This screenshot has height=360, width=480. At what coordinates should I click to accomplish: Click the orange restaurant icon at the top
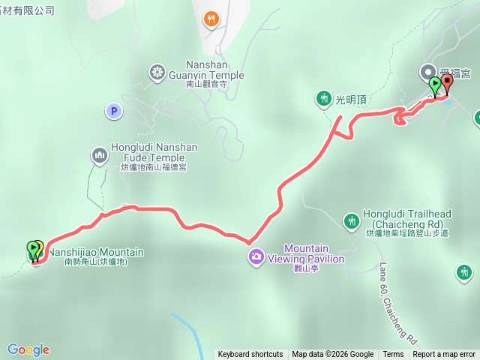coord(212,19)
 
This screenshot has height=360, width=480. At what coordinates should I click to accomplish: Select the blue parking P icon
coord(113,111)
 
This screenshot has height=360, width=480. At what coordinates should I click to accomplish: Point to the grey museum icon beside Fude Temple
coord(100,155)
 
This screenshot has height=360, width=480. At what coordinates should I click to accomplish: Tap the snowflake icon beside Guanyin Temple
coord(157,72)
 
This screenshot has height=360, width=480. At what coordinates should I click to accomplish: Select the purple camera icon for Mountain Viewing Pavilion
coord(256,257)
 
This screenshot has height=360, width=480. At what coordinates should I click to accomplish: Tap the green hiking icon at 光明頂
coord(323,98)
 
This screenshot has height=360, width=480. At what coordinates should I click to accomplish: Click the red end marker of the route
coord(447,82)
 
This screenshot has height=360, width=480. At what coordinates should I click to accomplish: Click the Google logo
coord(28,349)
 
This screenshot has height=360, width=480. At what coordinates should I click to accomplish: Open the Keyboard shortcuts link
coord(250,355)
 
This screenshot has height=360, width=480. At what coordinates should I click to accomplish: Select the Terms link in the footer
coord(393,355)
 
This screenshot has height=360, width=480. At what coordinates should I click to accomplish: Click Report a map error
coord(444,355)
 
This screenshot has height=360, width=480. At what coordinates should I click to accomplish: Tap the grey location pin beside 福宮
coord(428,72)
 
